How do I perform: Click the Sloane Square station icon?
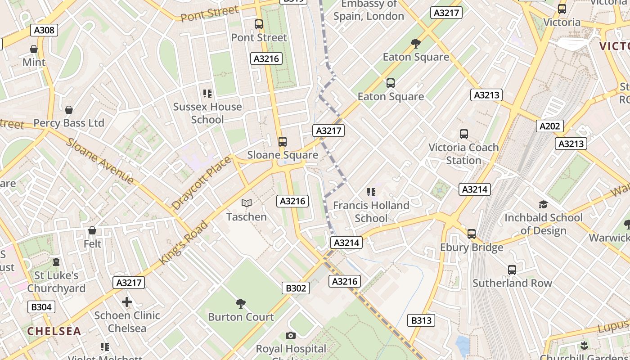tap(282, 142)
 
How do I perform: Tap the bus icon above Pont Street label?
tap(259, 24)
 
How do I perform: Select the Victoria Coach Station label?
tap(463, 154)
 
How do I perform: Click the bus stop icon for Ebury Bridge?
tap(471, 234)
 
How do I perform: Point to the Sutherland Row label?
tap(512, 283)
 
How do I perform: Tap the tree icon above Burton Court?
tap(241, 304)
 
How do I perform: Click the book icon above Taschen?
tap(246, 203)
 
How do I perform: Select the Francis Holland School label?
tap(371, 212)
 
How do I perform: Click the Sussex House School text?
tap(207, 113)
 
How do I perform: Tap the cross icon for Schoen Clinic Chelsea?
tap(127, 302)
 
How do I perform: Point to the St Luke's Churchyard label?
tap(56, 282)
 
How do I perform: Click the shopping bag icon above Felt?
tap(92, 231)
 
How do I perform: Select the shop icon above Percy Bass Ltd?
tap(69, 110)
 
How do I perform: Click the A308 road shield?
tap(44, 30)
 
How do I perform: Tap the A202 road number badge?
tap(549, 126)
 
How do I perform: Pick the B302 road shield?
tap(296, 288)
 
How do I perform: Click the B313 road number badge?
tap(421, 320)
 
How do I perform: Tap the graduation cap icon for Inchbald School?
tap(543, 205)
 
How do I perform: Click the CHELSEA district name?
tap(54, 332)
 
